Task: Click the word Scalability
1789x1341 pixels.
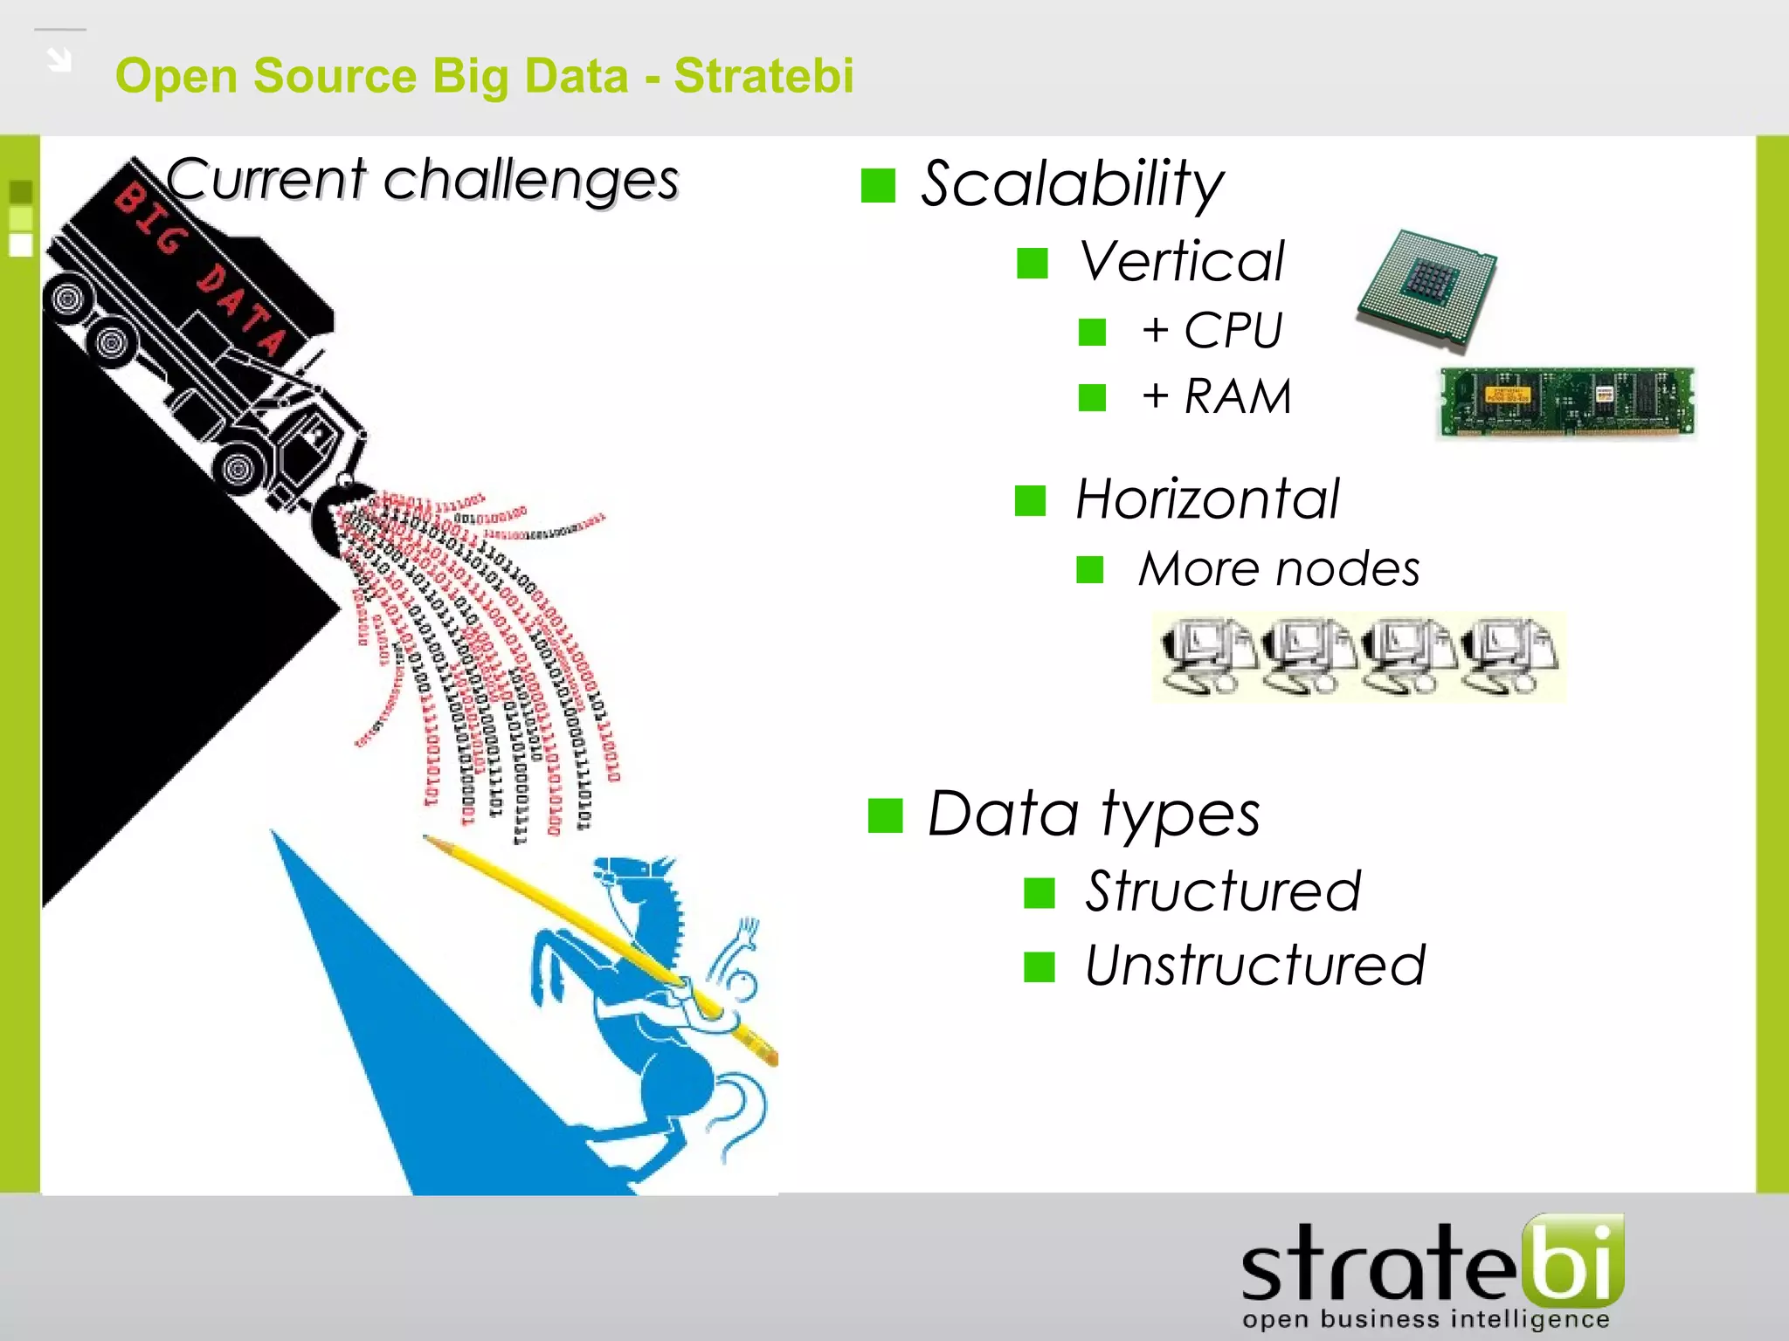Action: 1072,184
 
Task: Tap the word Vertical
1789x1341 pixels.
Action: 1182,261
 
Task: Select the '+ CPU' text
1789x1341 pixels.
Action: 1212,331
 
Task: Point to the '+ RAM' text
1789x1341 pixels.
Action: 1216,396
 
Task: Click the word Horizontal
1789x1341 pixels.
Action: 1207,499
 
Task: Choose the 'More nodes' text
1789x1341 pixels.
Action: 1279,569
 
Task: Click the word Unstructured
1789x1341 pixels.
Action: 1254,966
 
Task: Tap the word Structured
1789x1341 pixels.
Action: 1223,891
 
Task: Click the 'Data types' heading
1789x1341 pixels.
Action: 1094,814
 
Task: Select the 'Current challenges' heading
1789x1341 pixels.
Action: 422,180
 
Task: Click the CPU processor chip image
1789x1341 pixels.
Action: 1427,288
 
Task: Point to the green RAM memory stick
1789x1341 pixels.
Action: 1566,402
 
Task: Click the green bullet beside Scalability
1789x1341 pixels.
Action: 878,185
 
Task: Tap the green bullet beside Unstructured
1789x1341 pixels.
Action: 1040,966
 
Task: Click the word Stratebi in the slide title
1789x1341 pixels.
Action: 763,76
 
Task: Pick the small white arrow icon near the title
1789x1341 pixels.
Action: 59,60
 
